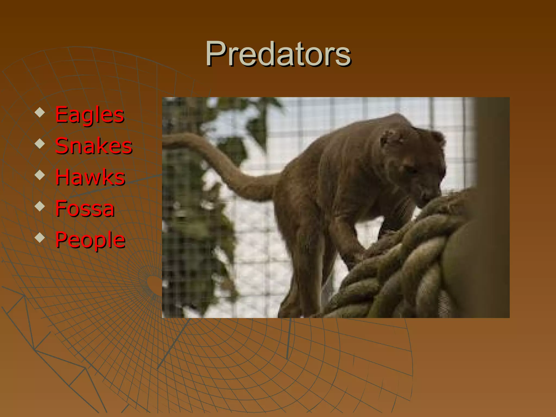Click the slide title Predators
pos(278,54)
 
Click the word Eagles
pos(90,115)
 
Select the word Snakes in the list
pos(94,146)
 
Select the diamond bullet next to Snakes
pos(40,144)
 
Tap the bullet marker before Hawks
pos(40,175)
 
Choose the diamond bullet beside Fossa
pos(40,206)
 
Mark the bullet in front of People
pos(40,238)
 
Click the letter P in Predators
pos(216,54)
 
